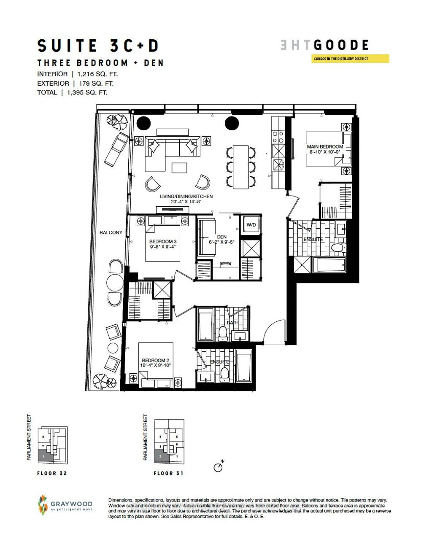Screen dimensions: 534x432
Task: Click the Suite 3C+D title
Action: coord(97,46)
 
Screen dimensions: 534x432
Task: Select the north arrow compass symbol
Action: coord(219,467)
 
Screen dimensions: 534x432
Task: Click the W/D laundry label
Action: coord(251,225)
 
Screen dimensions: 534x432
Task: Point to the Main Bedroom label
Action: coord(325,147)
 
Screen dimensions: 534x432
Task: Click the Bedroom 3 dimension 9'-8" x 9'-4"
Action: coord(162,247)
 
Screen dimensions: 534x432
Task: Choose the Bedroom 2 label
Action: coord(156,360)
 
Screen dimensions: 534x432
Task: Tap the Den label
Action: coord(221,237)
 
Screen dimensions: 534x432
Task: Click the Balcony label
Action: coord(111,232)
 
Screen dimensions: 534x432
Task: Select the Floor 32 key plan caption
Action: coord(52,473)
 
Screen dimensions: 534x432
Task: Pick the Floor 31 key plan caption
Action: coord(169,473)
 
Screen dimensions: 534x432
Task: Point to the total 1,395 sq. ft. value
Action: coord(84,92)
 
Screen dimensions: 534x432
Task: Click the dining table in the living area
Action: coord(241,167)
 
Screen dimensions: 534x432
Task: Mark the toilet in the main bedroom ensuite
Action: coord(337,248)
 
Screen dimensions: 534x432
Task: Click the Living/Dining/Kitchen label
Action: coord(186,197)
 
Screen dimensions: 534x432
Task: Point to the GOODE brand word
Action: coord(341,45)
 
